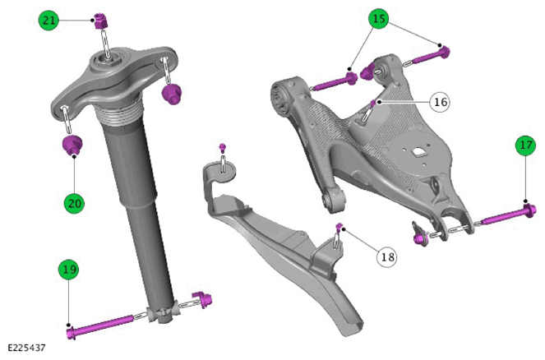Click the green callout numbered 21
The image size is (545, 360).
48,21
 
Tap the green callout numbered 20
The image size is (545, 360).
74,203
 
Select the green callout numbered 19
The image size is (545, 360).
68,270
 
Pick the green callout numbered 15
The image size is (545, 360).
379,18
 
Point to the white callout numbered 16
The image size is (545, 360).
440,102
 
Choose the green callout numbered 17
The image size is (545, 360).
525,145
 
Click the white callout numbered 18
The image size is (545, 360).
387,257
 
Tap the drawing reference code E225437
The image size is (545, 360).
26,348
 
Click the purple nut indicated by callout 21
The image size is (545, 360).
101,21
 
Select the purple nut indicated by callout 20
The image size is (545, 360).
72,145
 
